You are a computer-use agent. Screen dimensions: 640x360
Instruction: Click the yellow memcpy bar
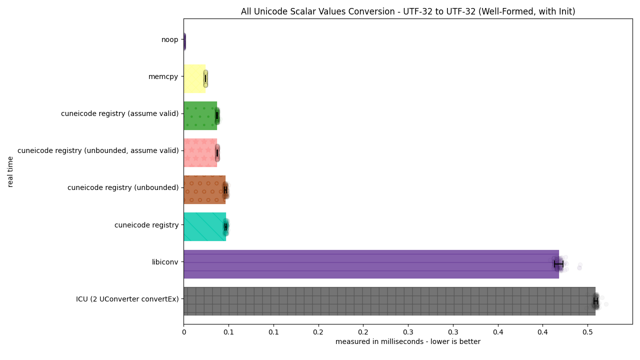194,79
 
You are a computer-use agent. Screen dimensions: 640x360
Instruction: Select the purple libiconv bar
371,264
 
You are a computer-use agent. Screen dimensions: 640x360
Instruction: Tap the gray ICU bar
389,301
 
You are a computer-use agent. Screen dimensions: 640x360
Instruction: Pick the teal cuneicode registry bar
205,227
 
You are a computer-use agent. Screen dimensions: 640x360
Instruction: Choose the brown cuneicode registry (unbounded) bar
204,189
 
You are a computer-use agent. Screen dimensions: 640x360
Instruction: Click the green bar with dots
200,115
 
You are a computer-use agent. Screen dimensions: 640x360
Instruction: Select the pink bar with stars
200,153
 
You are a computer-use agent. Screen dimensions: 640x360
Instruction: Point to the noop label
169,39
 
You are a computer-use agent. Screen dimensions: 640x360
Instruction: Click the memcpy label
163,77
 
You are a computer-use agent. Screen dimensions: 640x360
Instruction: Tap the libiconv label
165,262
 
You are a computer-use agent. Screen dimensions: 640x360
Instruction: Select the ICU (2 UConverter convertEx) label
127,299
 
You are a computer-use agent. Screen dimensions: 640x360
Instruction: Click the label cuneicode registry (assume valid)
119,113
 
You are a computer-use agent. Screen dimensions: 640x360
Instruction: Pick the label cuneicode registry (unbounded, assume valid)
98,150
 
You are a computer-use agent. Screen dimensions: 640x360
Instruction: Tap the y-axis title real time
10,171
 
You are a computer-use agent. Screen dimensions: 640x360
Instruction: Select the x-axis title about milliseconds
408,341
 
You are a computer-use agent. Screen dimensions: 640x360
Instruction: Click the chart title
408,11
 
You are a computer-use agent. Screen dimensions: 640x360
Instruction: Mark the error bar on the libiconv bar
559,264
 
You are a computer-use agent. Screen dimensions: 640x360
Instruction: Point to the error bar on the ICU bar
595,301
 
